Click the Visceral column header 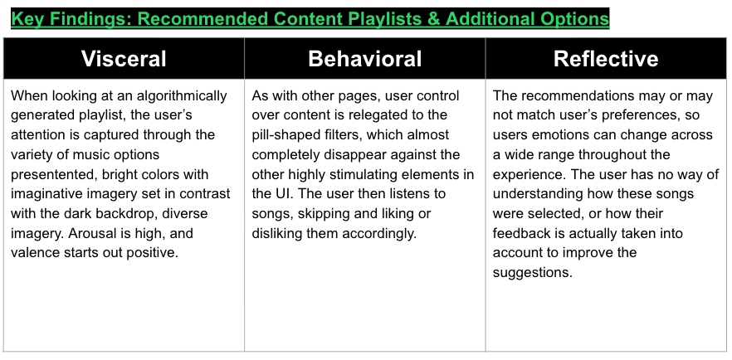[x=124, y=59]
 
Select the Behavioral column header [x=364, y=59]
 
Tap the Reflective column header [x=606, y=59]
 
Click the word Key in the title [x=27, y=19]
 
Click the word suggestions [x=533, y=273]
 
